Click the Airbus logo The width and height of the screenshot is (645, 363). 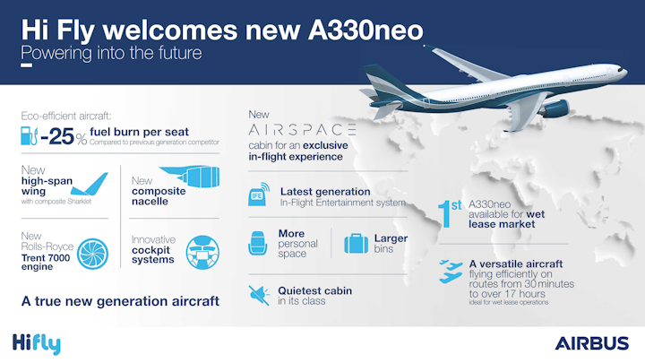[x=591, y=343]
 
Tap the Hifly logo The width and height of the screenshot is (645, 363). [x=37, y=343]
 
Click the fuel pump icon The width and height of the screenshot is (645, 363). [x=29, y=136]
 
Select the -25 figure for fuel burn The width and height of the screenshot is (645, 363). [x=57, y=136]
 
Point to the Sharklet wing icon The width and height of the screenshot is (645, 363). [x=90, y=184]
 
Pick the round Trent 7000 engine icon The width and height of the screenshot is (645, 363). [x=92, y=254]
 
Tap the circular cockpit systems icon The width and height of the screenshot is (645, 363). [x=202, y=252]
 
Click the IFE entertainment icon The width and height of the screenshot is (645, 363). [x=259, y=194]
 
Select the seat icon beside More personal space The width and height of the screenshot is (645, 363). [x=258, y=243]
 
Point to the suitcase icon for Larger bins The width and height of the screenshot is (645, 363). [x=356, y=243]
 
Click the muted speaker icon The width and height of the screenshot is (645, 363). [x=259, y=295]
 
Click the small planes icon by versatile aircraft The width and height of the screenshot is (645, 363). [x=451, y=272]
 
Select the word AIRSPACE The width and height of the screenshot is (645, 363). [x=303, y=130]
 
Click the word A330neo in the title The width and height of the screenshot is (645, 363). [x=365, y=30]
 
